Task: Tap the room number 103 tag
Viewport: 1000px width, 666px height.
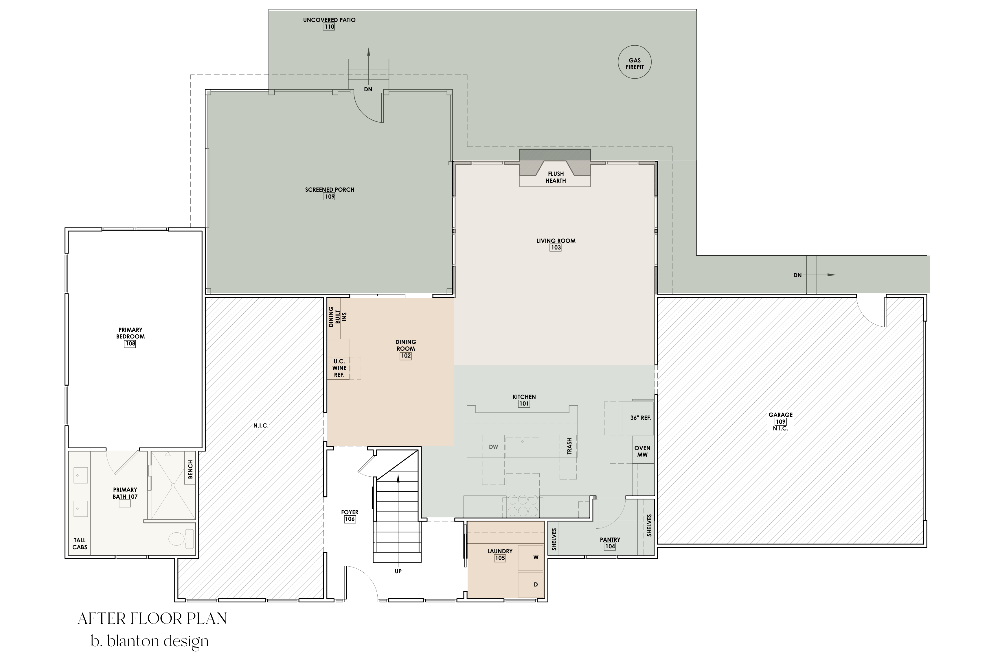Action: tap(556, 248)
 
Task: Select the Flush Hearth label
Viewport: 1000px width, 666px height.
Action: tap(556, 177)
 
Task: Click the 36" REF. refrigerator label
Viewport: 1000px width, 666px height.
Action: tap(640, 418)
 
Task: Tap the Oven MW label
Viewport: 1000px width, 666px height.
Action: tap(642, 451)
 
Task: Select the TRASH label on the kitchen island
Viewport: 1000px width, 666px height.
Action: tap(569, 446)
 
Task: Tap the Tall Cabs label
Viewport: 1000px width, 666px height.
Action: tap(80, 544)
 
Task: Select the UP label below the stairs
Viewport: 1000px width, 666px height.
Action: tap(398, 571)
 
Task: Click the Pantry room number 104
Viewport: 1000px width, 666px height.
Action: tap(610, 547)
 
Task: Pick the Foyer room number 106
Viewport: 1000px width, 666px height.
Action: tap(350, 519)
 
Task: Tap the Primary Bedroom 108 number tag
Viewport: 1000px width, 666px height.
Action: tap(130, 344)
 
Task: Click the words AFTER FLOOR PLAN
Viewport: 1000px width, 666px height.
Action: tap(152, 619)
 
